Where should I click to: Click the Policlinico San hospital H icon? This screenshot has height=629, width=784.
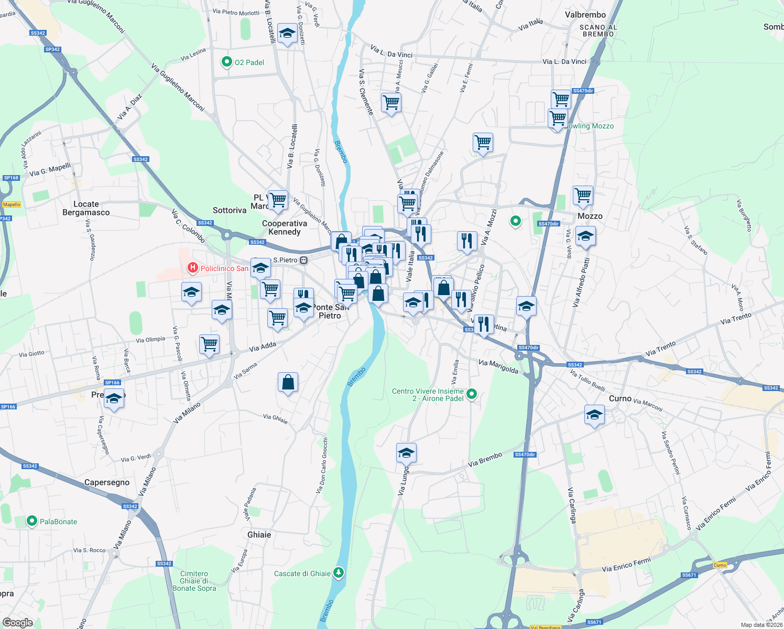point(192,268)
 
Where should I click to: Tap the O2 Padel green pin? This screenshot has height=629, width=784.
point(226,62)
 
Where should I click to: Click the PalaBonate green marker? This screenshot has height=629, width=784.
point(32,521)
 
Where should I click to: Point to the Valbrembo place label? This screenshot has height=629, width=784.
point(585,15)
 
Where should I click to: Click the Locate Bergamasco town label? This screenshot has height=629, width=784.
point(86,208)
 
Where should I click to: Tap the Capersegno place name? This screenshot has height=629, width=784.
point(107,482)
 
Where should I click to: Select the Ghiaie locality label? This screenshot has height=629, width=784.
point(259,535)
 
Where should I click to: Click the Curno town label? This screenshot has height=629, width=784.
point(620,398)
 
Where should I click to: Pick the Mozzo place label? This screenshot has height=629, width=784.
point(590,216)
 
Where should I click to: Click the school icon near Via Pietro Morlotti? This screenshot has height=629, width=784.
point(287,34)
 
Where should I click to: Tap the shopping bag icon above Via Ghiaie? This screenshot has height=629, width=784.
point(288,382)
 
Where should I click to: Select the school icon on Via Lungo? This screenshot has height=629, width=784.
point(406,453)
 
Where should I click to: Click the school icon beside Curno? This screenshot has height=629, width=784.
point(594,415)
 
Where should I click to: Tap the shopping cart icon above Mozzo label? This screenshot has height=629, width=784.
point(583,196)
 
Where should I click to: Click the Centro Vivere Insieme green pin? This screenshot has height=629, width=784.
point(472,394)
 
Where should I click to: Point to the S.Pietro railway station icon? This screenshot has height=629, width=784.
point(303,260)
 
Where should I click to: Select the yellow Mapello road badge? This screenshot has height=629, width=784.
point(12,204)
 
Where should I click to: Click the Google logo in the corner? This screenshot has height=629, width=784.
point(18,622)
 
